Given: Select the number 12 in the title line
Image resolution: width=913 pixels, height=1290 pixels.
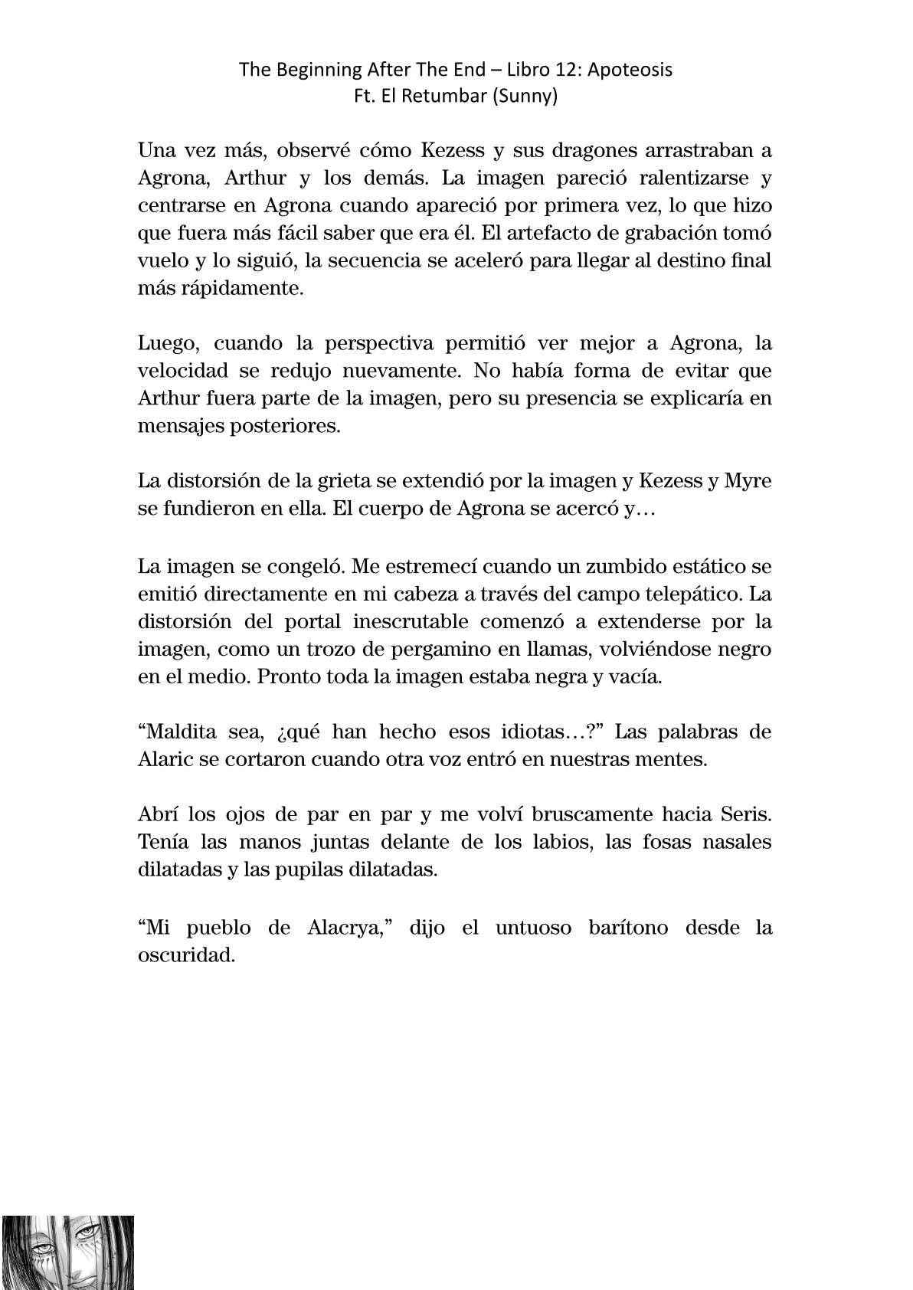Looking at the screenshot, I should point(548,70).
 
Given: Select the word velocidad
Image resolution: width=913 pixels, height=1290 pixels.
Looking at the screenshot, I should point(182,371).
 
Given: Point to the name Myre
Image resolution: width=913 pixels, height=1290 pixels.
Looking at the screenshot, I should point(746,481).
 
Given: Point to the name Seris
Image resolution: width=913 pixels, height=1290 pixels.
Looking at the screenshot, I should point(746,814).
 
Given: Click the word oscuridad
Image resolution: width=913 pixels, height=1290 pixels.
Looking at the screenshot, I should point(185,955).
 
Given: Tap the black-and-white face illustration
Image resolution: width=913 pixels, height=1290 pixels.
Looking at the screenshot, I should point(69,1252).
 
